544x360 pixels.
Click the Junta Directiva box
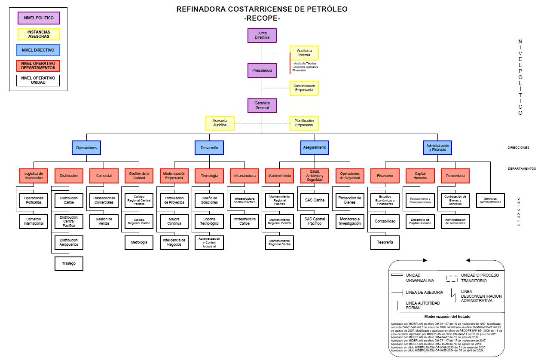click(x=262, y=35)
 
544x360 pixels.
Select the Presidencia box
click(x=262, y=70)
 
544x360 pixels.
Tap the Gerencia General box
click(x=262, y=106)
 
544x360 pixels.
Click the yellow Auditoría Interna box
click(x=304, y=53)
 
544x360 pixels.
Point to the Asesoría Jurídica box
click(x=220, y=123)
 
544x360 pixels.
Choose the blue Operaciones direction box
click(x=86, y=148)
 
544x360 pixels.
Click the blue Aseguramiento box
click(x=315, y=148)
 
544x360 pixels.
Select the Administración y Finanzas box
click(x=437, y=148)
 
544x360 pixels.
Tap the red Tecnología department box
click(x=209, y=176)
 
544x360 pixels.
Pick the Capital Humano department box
click(x=420, y=176)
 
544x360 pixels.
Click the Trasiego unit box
click(x=69, y=263)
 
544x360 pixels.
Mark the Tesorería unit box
click(x=385, y=242)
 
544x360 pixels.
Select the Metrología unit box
click(x=139, y=242)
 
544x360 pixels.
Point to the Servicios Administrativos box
click(x=490, y=200)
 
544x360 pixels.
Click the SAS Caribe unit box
click(x=315, y=200)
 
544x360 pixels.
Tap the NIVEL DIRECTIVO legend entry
click(x=38, y=50)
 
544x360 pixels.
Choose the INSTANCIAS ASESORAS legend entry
click(x=38, y=34)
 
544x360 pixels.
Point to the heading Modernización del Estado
click(x=446, y=316)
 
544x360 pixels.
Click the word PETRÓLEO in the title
click(x=327, y=9)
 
